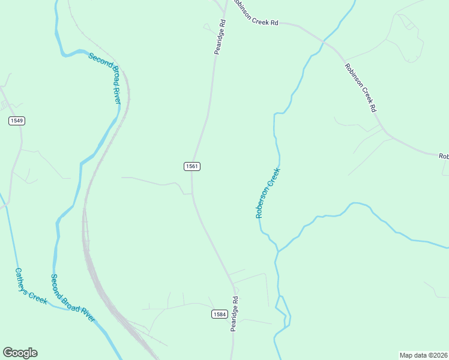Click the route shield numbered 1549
pos(17,121)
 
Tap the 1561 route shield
pos(191,166)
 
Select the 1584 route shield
pos(219,314)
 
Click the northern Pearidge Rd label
pos(220,37)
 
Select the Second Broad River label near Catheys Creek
pos(73,298)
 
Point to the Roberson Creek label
pos(268,192)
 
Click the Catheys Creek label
pos(31,286)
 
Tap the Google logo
pos(20,353)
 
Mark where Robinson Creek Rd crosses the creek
pos(324,41)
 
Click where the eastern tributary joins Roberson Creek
pos(278,252)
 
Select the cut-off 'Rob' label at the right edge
pos(444,156)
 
